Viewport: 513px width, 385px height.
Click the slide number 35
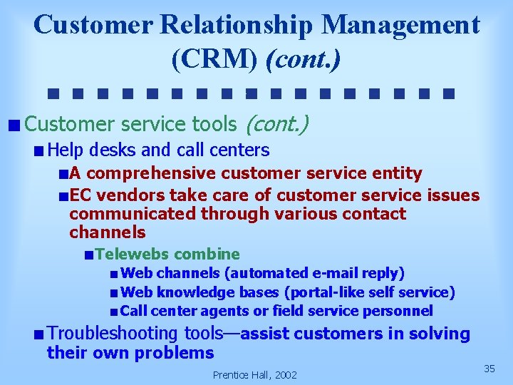(x=489, y=369)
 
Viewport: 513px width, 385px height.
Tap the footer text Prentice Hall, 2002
(x=254, y=375)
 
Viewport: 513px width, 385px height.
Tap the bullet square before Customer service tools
(x=14, y=126)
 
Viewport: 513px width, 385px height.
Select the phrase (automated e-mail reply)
(x=314, y=273)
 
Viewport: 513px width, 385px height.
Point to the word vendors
(x=123, y=195)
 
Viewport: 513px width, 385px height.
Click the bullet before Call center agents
(x=114, y=312)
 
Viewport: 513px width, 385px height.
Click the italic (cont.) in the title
(x=303, y=58)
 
